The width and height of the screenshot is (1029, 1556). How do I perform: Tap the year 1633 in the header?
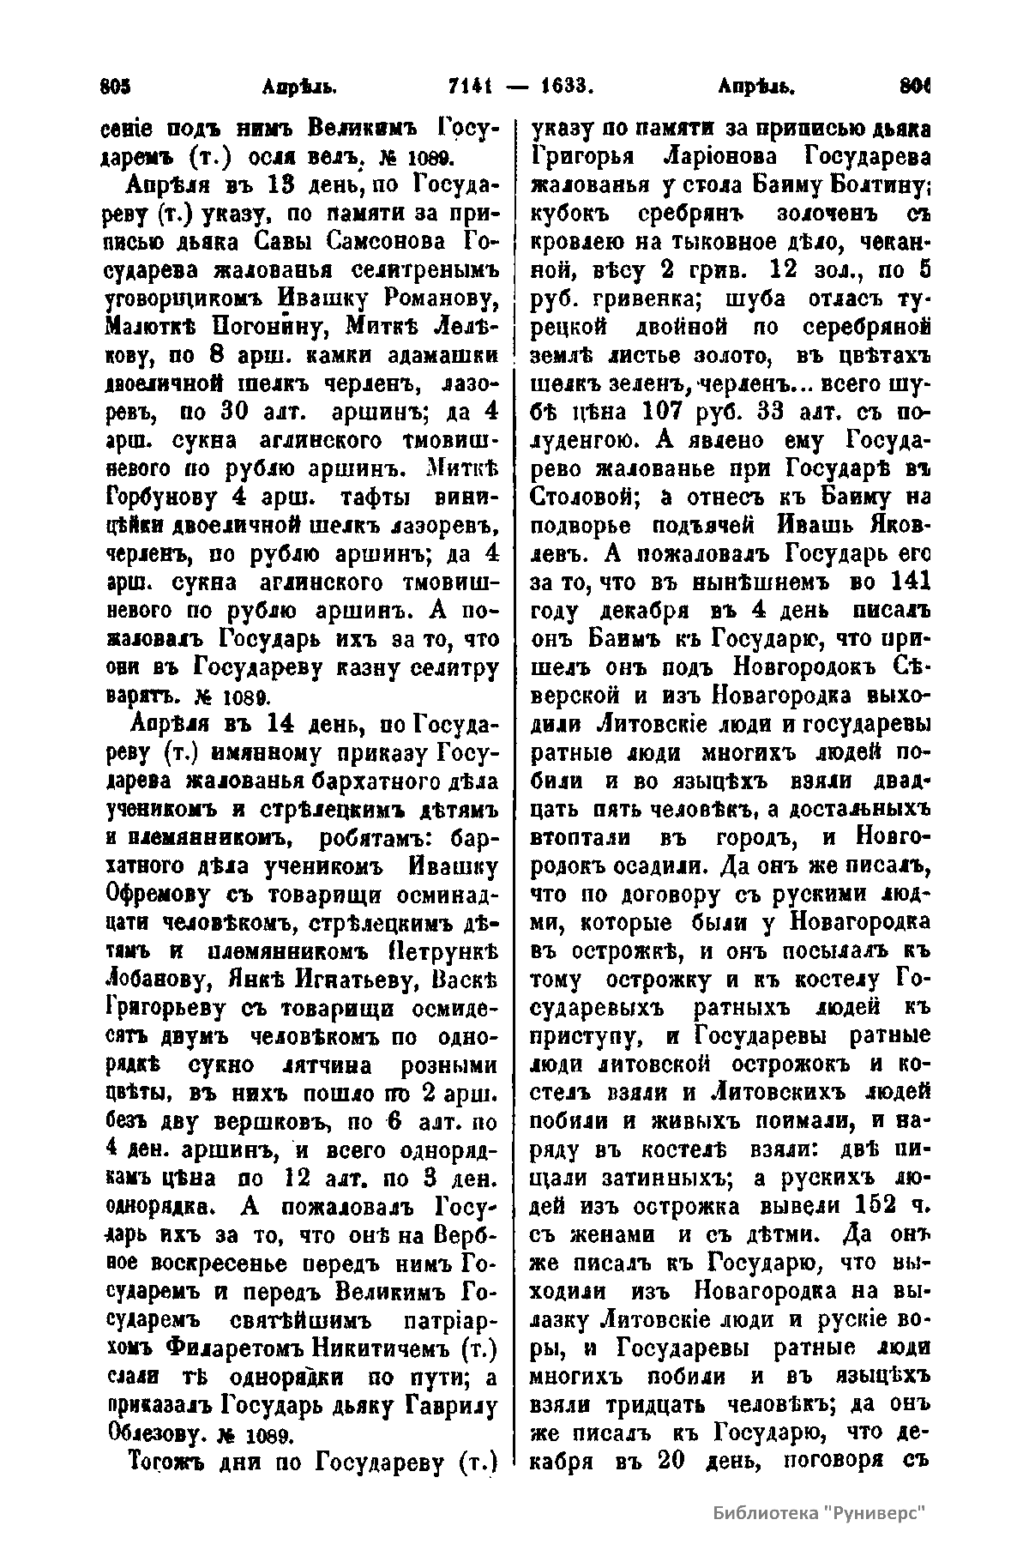point(568,87)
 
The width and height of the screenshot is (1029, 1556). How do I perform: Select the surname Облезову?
point(153,1433)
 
